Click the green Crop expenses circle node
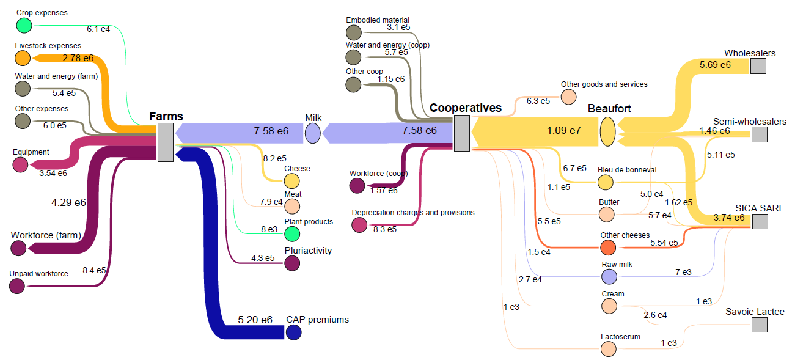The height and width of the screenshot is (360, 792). point(24,25)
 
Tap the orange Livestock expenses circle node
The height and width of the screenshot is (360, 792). point(23,58)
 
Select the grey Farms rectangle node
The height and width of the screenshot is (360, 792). point(165,142)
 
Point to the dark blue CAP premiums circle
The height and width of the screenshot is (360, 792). point(293,332)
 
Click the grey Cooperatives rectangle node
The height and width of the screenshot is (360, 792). point(462,133)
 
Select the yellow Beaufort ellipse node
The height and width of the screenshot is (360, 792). point(607,131)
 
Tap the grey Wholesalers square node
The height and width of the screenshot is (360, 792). point(758,66)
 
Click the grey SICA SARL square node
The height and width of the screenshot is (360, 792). point(760,221)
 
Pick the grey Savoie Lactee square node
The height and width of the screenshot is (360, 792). point(760,325)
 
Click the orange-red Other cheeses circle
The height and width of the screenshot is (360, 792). point(607,248)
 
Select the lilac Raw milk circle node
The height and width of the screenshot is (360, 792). point(609,277)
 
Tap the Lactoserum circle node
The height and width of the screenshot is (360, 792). point(607,349)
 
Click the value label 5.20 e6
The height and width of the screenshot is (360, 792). point(255,320)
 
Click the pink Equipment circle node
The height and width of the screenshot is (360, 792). point(20,164)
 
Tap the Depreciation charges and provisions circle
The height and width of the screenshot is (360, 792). point(359,225)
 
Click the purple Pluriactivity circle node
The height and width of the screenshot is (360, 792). point(292,263)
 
